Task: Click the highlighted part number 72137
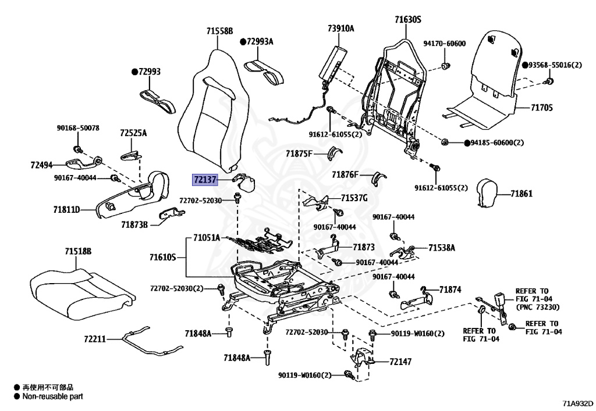(205, 181)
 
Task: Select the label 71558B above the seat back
(219, 31)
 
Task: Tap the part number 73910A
(340, 28)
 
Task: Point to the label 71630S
(407, 20)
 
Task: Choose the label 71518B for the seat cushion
(78, 252)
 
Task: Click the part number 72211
(94, 338)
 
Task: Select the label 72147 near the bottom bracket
(400, 362)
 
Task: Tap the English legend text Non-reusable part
(52, 396)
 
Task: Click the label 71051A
(207, 237)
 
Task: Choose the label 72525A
(133, 133)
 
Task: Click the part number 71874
(450, 289)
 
